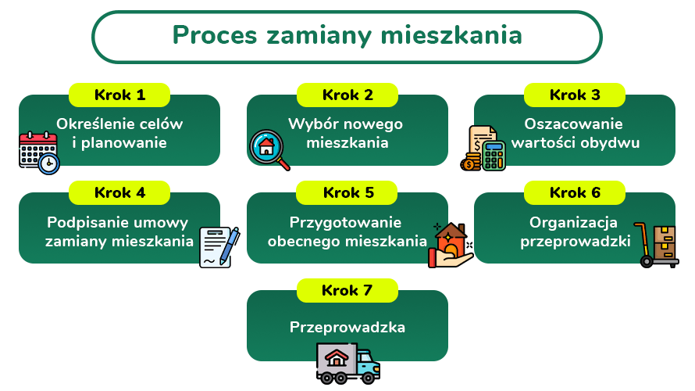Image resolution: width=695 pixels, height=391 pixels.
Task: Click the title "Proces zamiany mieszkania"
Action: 347,36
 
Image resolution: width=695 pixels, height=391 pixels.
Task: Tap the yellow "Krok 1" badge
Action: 119,95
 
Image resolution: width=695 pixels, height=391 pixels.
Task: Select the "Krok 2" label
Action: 347,95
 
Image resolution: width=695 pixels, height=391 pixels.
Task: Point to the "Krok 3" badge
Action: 575,95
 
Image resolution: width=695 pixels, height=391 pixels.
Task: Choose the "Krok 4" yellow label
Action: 119,192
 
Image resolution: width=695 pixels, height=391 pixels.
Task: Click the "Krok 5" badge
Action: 347,192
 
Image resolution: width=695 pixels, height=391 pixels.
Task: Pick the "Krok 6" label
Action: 575,192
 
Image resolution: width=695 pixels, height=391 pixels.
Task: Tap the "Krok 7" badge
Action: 347,290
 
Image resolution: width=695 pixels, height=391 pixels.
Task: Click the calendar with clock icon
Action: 39,152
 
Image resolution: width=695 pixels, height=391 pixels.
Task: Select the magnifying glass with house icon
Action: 269,149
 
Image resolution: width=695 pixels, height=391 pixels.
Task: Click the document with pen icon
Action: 219,247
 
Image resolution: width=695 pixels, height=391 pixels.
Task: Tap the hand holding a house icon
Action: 450,246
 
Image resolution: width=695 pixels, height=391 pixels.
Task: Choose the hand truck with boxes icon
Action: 656,246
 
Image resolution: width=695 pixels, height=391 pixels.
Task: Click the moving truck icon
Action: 347,363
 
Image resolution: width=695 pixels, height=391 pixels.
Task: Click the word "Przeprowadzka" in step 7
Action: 347,327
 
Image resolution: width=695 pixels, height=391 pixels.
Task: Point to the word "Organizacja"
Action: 575,221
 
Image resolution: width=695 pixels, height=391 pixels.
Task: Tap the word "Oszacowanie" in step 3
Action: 574,124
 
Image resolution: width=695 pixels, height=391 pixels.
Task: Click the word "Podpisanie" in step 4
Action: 84,221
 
